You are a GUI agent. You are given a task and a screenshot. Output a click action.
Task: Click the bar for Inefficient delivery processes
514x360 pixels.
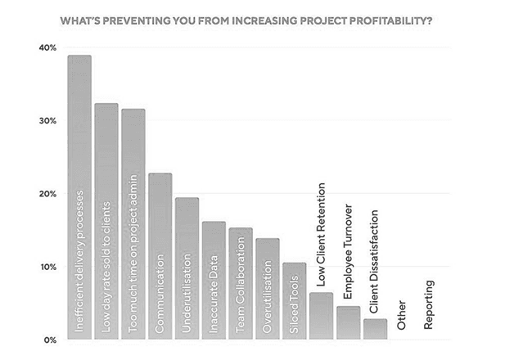(79, 196)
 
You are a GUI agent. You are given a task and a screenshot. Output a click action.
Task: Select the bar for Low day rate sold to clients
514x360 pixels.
(106, 221)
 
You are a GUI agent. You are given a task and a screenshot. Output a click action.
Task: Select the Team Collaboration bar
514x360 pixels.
(241, 283)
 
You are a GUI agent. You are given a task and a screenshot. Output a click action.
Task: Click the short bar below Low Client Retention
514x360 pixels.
(322, 316)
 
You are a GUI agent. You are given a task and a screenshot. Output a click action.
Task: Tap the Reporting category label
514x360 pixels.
(429, 304)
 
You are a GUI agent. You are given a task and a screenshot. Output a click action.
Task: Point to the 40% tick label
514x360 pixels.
(46, 47)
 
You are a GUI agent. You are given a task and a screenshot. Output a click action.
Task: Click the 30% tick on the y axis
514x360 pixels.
(46, 120)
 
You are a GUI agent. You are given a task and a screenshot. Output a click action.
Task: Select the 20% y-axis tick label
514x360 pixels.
(46, 194)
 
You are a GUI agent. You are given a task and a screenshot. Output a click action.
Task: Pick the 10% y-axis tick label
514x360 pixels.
(46, 267)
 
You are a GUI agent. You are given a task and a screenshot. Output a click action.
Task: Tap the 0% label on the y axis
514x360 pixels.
(48, 339)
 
